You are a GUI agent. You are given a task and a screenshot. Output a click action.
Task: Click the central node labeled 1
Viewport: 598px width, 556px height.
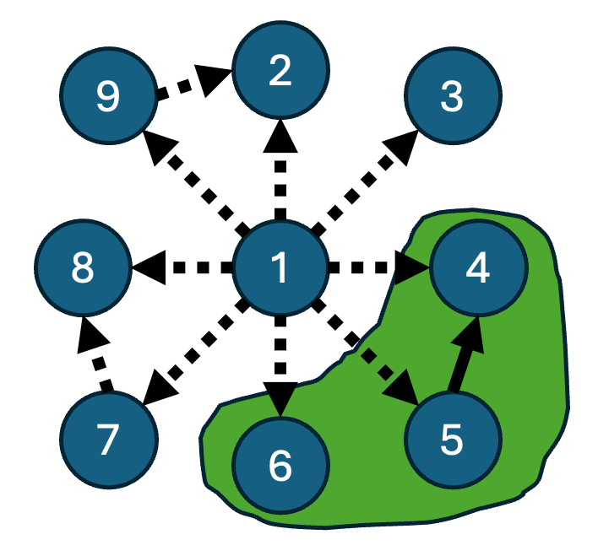pos(280,268)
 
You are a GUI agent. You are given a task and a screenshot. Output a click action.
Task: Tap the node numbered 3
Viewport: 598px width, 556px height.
pos(453,98)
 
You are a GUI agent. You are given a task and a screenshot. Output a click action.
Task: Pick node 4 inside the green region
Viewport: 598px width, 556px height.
pos(477,268)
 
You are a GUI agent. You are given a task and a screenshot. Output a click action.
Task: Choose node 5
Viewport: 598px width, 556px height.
pos(452,440)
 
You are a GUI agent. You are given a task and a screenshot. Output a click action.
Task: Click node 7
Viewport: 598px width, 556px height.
pos(108,440)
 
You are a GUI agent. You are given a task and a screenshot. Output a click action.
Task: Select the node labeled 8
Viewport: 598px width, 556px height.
pos(83,268)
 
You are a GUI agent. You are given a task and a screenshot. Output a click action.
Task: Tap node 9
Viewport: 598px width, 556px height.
pos(108,98)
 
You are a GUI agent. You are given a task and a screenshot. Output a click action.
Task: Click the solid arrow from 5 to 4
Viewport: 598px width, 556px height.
pos(464,358)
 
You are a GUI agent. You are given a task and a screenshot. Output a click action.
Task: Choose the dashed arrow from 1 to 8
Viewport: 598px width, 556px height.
pos(182,268)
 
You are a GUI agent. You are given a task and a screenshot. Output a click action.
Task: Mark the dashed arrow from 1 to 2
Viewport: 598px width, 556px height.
pos(280,169)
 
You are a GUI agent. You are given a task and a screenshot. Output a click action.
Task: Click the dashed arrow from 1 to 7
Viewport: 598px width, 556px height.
pos(194,354)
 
